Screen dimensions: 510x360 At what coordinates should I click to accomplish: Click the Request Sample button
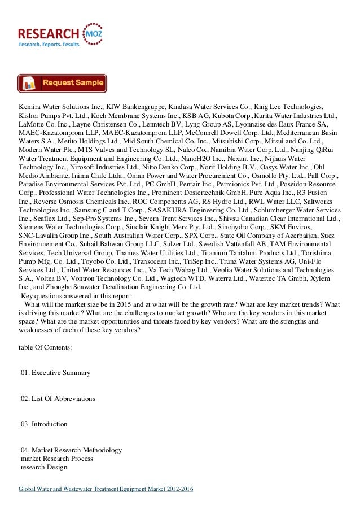coord(62,83)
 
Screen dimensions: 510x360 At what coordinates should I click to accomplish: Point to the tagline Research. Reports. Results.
coord(50,43)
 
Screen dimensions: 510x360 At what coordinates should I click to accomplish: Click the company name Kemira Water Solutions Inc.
coord(61,106)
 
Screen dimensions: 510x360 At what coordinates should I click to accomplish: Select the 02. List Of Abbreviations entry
coord(58,399)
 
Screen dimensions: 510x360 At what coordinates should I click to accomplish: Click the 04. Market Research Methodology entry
coord(71,450)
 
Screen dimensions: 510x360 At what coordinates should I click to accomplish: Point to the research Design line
coord(43,467)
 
